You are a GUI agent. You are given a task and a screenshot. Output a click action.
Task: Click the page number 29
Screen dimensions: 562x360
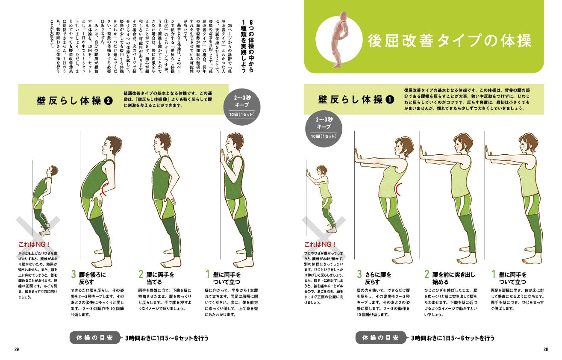click(17, 349)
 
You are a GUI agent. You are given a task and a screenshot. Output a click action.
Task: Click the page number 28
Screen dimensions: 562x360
click(546, 349)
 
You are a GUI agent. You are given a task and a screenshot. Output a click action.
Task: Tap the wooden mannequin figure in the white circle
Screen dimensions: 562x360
click(340, 39)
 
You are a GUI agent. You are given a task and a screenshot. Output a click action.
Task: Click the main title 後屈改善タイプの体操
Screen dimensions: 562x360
click(450, 41)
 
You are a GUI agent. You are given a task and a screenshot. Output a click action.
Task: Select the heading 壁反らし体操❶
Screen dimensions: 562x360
click(356, 100)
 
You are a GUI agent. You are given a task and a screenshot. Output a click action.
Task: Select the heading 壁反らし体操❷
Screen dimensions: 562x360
click(75, 100)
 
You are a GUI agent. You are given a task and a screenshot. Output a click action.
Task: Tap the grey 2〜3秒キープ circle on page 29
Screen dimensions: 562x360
click(242, 107)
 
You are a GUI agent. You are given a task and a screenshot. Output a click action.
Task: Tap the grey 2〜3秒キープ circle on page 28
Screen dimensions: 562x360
click(324, 129)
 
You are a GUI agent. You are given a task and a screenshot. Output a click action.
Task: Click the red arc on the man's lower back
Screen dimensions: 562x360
click(103, 189)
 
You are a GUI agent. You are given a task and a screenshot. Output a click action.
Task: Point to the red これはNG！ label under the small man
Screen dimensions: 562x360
click(34, 244)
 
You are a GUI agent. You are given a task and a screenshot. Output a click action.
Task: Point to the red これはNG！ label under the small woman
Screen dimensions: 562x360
click(320, 244)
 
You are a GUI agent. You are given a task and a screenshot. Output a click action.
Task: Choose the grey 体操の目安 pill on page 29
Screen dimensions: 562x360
click(95, 338)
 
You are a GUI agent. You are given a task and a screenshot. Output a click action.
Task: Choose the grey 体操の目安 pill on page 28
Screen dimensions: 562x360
click(381, 338)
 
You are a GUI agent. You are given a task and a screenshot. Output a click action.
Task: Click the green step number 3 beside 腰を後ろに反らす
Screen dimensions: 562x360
click(73, 274)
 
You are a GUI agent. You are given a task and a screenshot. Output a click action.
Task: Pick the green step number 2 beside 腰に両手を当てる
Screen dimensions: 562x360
click(141, 274)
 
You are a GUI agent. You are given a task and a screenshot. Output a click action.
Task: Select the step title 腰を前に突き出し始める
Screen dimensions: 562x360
click(453, 278)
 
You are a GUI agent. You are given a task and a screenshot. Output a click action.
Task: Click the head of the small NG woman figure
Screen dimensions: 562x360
click(321, 171)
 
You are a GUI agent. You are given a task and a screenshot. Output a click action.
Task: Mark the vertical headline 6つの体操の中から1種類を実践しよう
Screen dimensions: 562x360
click(247, 47)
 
